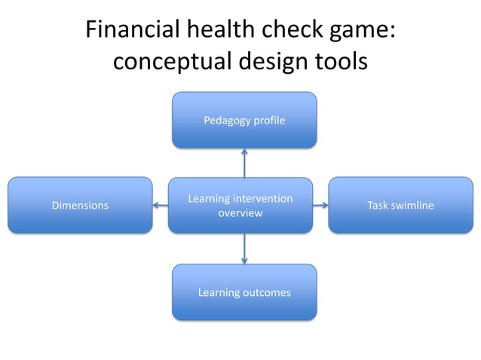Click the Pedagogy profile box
pyautogui.click(x=244, y=120)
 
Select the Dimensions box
pyautogui.click(x=80, y=205)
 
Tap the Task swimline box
pyautogui.click(x=400, y=205)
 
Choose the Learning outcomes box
pyautogui.click(x=244, y=292)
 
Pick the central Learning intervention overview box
pyautogui.click(x=240, y=206)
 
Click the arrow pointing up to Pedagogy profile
pyautogui.click(x=244, y=162)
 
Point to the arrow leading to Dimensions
pyautogui.click(x=160, y=205)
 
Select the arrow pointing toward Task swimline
pyautogui.click(x=320, y=205)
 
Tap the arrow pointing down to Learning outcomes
pyautogui.click(x=244, y=249)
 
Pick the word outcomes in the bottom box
pyautogui.click(x=265, y=292)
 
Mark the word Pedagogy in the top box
pyautogui.click(x=227, y=121)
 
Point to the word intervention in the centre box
pyautogui.click(x=260, y=199)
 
